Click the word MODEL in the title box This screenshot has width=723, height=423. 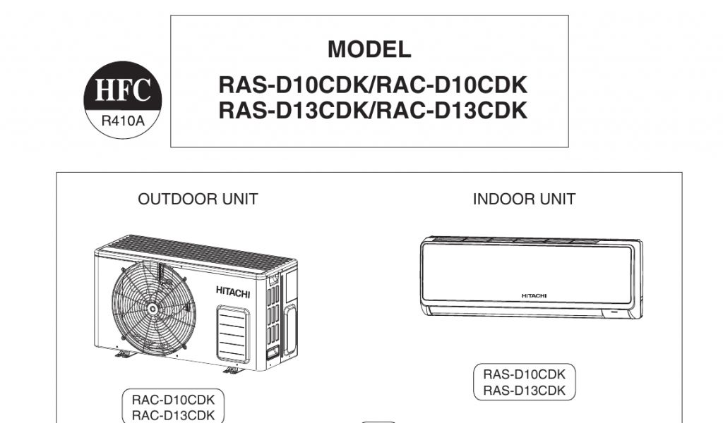pos(369,49)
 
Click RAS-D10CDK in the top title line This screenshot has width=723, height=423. pos(291,85)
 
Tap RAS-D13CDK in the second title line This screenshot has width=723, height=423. pos(291,111)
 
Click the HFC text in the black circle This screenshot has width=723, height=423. pos(123,92)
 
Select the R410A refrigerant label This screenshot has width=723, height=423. pos(123,120)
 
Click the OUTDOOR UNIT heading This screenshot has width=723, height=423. pos(198,200)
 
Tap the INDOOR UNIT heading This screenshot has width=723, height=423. pos(524,200)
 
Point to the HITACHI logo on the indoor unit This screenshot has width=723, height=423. pos(534,296)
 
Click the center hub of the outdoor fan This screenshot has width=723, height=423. pos(153,308)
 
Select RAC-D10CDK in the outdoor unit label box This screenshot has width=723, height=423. pos(173,400)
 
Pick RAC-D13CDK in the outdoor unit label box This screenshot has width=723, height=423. pos(173,415)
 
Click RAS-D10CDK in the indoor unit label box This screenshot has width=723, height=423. pos(524,374)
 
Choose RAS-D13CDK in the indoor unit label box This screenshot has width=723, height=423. pos(524,390)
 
